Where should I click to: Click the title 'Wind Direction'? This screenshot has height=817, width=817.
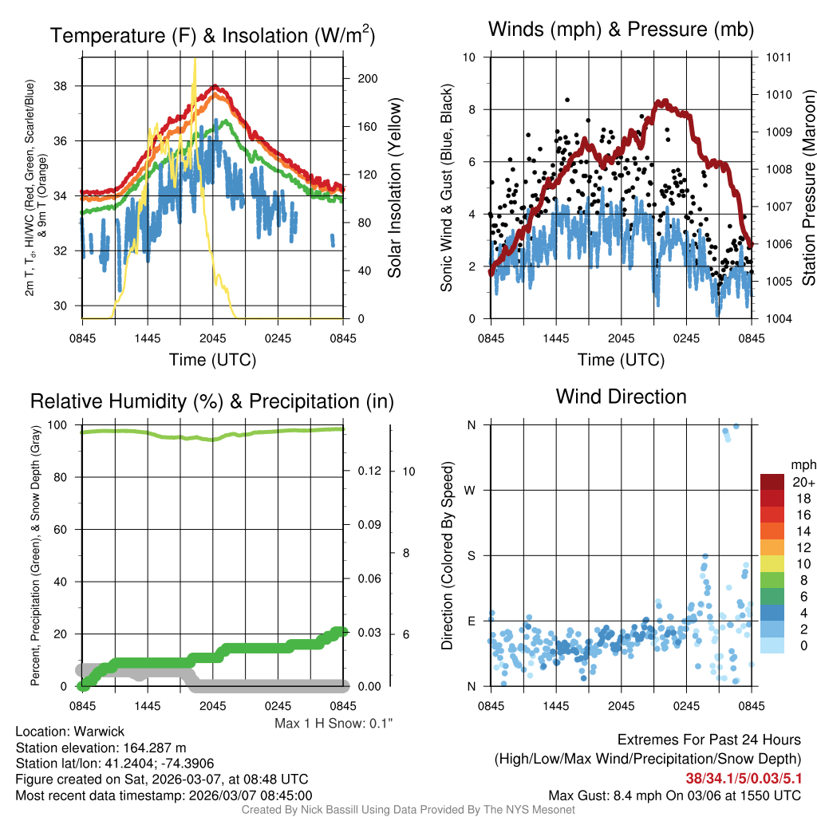(621, 397)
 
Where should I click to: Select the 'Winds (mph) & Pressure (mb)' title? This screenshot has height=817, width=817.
(621, 30)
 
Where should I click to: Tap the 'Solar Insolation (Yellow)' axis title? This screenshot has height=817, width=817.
(395, 188)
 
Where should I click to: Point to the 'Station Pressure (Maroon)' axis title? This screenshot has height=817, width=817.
(807, 188)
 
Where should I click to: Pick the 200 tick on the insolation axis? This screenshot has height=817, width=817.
(357, 79)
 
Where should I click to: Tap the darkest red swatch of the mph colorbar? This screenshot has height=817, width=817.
(772, 482)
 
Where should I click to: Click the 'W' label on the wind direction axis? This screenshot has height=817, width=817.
(472, 490)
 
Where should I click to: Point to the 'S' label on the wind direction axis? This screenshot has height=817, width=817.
(472, 555)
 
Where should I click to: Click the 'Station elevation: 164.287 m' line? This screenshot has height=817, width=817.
(101, 748)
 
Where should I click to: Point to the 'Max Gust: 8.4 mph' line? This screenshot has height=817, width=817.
(674, 795)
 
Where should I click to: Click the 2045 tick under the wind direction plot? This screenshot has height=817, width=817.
(621, 706)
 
